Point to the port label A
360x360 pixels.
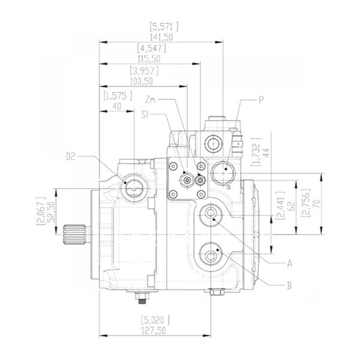pyautogui.click(x=289, y=263)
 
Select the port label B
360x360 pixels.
pyautogui.click(x=289, y=285)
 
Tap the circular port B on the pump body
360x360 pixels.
pyautogui.click(x=212, y=256)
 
